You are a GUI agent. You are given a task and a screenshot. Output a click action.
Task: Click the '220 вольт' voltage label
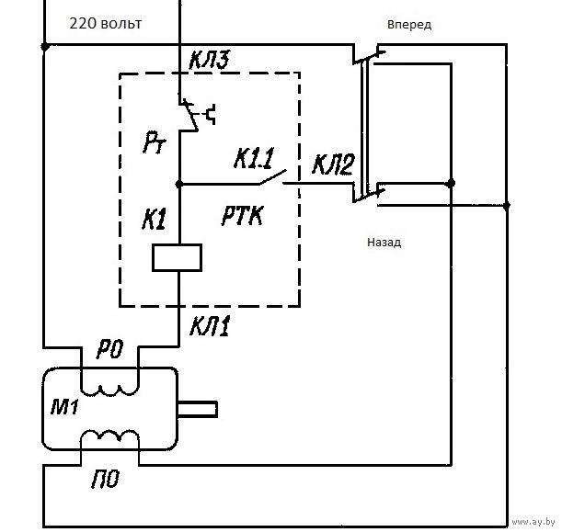click(x=106, y=24)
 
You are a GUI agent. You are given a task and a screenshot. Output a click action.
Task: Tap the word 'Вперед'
click(x=409, y=25)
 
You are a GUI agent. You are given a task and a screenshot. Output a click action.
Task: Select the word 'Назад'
click(x=384, y=243)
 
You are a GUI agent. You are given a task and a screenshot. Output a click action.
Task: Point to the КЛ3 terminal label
click(x=209, y=60)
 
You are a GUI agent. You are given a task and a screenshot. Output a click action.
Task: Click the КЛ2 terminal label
click(x=333, y=164)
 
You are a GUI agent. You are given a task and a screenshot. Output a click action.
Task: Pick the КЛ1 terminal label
click(x=209, y=326)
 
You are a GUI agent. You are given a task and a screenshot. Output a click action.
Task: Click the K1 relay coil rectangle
click(x=177, y=257)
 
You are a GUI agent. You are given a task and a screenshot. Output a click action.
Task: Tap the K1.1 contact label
click(x=254, y=158)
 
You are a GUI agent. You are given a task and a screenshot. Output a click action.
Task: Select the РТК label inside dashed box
click(x=243, y=215)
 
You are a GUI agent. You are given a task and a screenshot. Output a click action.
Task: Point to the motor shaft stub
click(x=198, y=409)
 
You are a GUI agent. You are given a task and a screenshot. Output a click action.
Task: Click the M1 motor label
click(x=64, y=407)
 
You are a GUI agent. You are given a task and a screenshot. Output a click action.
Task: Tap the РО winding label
click(x=110, y=349)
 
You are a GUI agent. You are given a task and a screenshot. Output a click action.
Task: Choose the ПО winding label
click(x=105, y=479)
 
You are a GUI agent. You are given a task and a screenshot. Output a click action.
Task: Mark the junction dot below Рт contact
click(x=179, y=184)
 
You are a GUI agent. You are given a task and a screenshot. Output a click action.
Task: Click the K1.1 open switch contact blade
click(x=272, y=177)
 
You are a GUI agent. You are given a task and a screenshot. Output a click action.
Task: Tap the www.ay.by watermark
click(x=534, y=522)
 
